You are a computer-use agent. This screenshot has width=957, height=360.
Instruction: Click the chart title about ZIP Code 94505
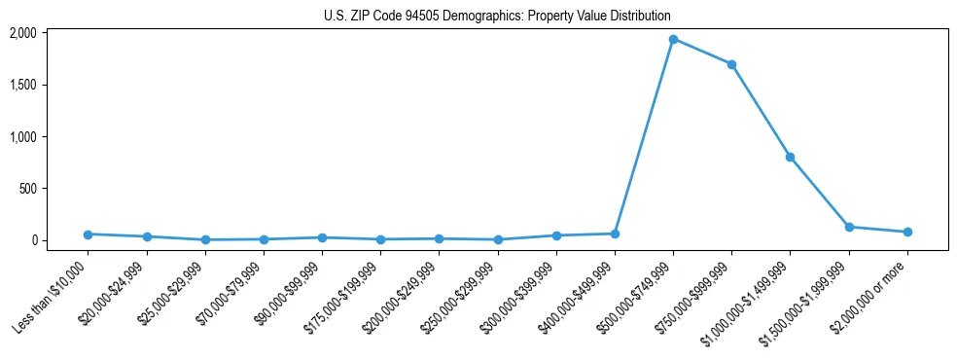click(497, 17)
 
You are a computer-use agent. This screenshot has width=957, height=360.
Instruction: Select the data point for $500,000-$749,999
click(673, 40)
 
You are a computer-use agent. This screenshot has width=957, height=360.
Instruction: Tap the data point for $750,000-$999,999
click(731, 64)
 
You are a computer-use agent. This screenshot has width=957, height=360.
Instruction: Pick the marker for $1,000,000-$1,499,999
click(790, 157)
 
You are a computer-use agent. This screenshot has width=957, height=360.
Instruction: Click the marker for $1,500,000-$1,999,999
click(849, 227)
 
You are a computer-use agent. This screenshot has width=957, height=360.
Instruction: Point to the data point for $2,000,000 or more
click(907, 232)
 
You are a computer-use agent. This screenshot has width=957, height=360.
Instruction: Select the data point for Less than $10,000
click(88, 234)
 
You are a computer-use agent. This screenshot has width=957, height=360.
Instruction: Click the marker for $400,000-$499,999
click(615, 234)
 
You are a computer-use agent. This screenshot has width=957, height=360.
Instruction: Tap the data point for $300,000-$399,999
click(556, 235)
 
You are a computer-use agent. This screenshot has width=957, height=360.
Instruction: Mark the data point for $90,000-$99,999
click(322, 237)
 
